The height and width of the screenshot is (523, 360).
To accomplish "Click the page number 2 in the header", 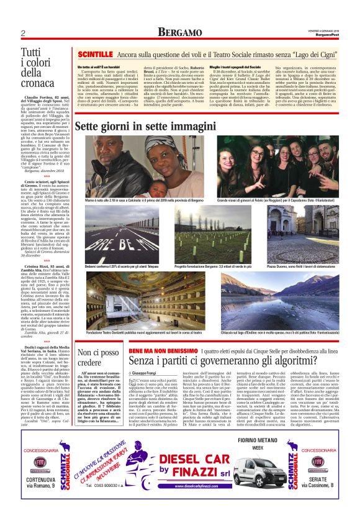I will click(x=22, y=33).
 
